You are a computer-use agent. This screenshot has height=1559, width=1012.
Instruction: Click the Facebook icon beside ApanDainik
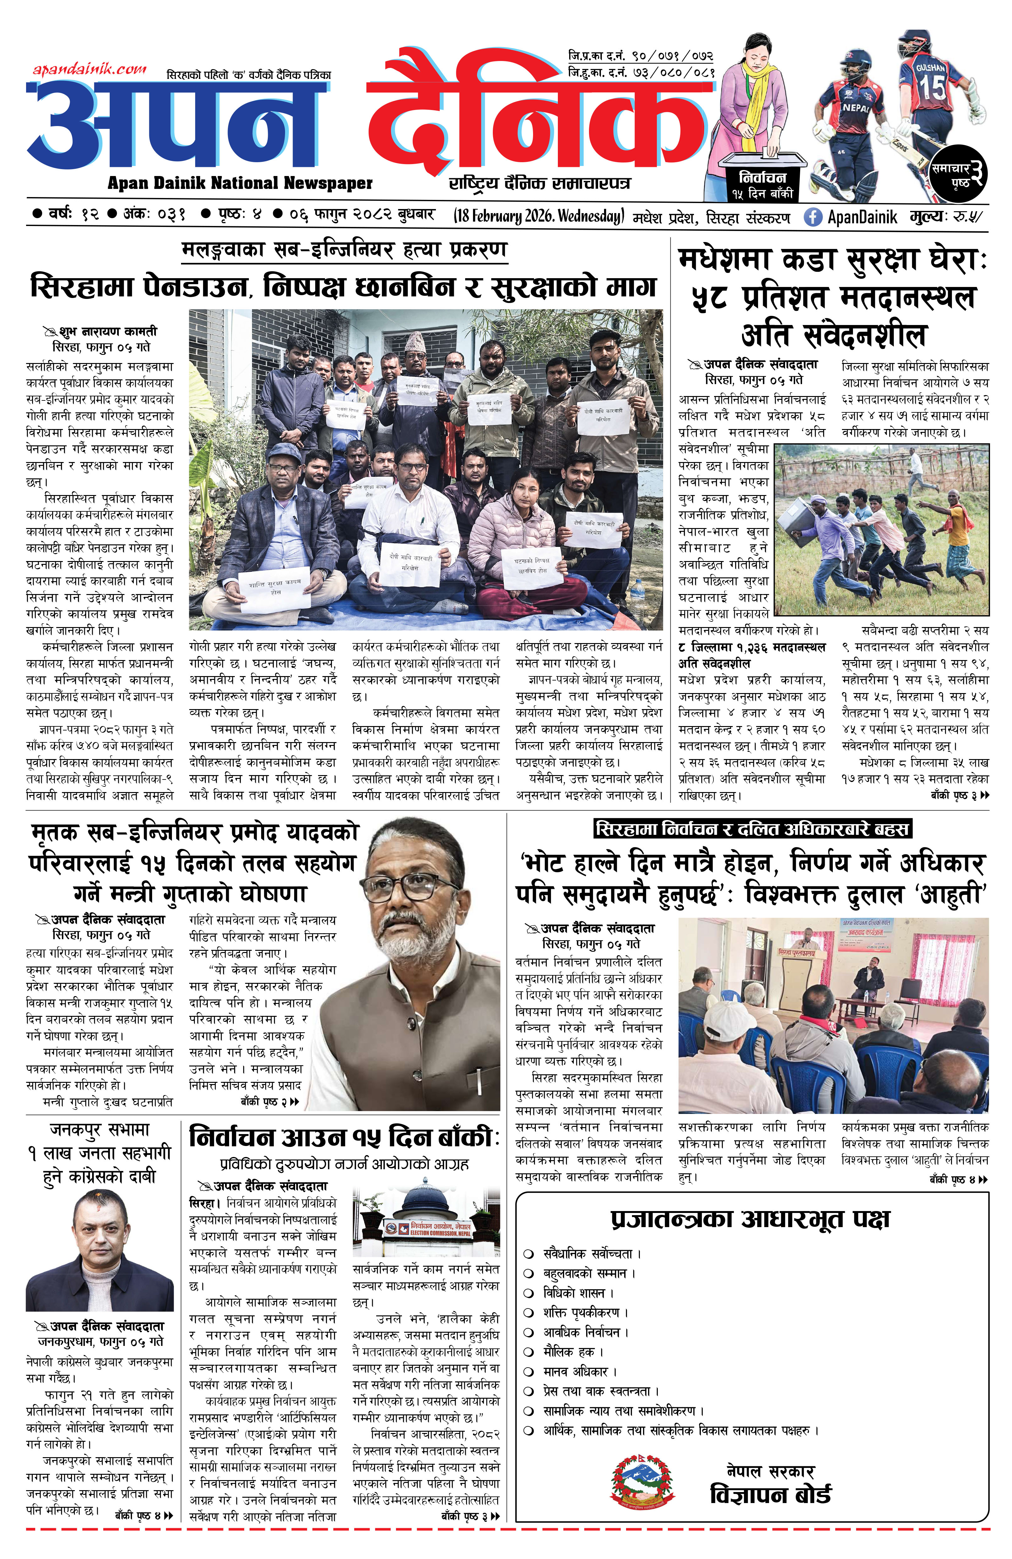[x=812, y=217]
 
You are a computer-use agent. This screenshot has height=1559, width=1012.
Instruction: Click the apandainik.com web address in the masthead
[x=90, y=68]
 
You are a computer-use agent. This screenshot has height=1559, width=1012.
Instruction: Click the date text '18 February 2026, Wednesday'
[x=538, y=216]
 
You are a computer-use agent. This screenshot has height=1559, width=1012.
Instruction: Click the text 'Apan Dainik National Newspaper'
[x=240, y=184]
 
